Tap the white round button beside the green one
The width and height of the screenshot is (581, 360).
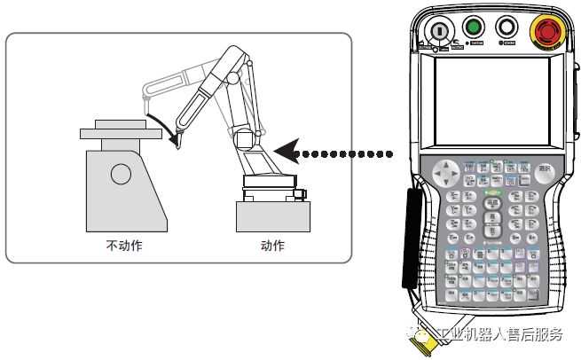point(507,27)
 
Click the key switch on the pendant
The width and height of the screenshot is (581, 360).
point(439,30)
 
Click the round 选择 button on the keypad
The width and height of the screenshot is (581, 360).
point(545,168)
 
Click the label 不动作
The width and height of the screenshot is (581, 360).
point(123,246)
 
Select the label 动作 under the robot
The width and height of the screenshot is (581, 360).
point(273,246)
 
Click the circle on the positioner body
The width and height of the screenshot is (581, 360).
point(120,175)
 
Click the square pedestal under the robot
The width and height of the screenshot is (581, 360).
point(273,215)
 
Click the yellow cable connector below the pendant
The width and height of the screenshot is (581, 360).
point(420,341)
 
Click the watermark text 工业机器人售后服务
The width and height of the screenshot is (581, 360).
point(497,334)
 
